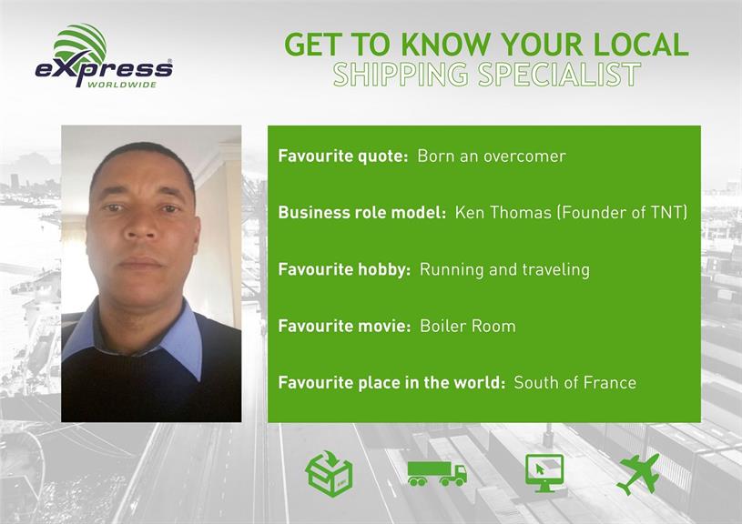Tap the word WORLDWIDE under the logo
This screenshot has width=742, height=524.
point(122,86)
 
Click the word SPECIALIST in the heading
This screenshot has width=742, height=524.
point(559,75)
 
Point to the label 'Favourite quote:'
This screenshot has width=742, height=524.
point(343,156)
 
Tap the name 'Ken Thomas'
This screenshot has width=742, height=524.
point(503,212)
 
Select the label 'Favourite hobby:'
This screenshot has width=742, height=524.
point(344,269)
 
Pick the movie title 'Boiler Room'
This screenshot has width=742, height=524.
point(468,326)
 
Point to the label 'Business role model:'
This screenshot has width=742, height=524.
point(362,212)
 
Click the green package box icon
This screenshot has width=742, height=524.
point(330,473)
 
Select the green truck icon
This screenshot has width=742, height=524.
point(437,473)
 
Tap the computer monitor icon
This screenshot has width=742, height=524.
point(544,473)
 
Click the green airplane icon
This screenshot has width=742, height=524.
point(638,474)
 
